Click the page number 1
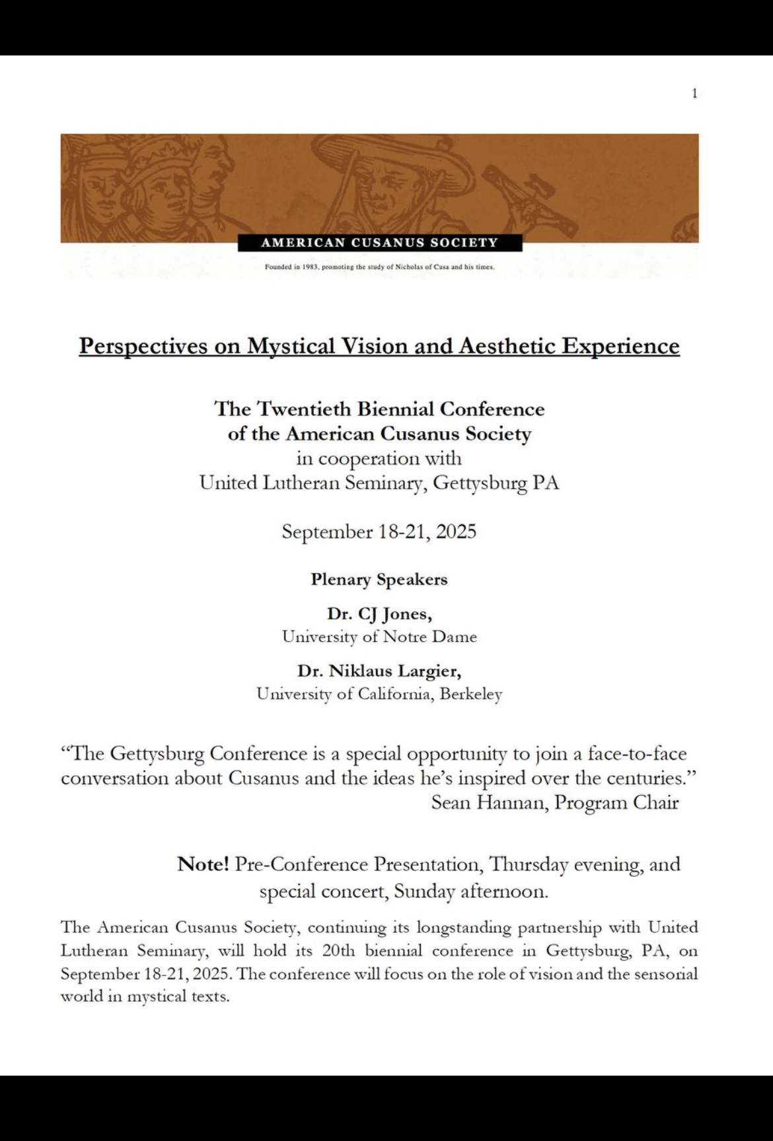click(694, 94)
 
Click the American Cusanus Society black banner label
click(380, 243)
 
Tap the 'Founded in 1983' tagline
click(379, 267)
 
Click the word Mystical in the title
click(291, 346)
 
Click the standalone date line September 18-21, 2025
click(379, 532)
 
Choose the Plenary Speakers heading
click(379, 580)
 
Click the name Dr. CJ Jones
click(379, 614)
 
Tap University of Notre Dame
click(379, 637)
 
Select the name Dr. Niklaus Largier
click(379, 672)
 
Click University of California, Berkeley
click(379, 695)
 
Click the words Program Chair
click(616, 803)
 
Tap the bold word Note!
click(203, 864)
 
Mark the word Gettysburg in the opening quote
click(157, 753)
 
